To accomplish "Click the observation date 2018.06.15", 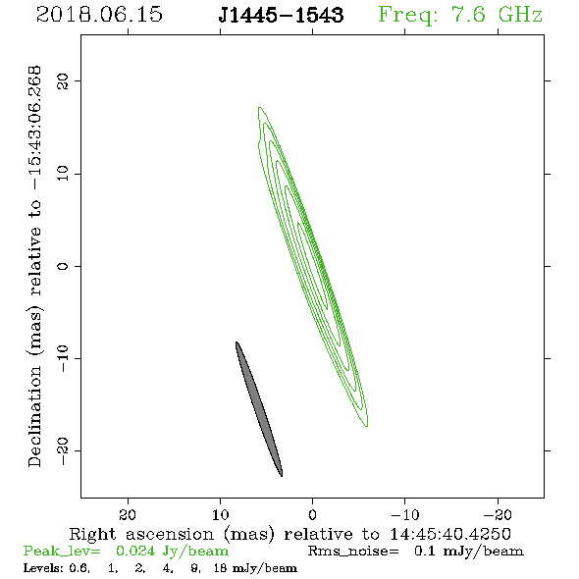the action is (x=99, y=15).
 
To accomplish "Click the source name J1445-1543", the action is (x=281, y=15).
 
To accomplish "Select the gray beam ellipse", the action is (x=259, y=409).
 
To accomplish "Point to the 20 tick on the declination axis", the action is (x=63, y=80).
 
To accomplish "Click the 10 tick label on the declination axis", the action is (x=63, y=174).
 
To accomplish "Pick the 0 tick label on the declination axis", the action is (x=63, y=266).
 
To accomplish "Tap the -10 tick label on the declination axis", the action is (x=63, y=358).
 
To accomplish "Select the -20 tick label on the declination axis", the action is (x=63, y=450).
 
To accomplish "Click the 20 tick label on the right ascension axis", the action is (x=128, y=514).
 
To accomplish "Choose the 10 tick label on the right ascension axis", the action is (x=221, y=514).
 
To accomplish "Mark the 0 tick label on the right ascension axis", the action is (x=313, y=514).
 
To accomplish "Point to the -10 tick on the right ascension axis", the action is (x=405, y=514).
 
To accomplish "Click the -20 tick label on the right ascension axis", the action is (x=498, y=514).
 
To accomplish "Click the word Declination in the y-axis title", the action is (x=34, y=416).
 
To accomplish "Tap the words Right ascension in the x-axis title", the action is (x=141, y=534).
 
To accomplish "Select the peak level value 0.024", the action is (x=135, y=551).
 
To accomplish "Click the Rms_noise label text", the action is (x=353, y=552).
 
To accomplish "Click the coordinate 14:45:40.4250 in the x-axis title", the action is (x=450, y=534).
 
